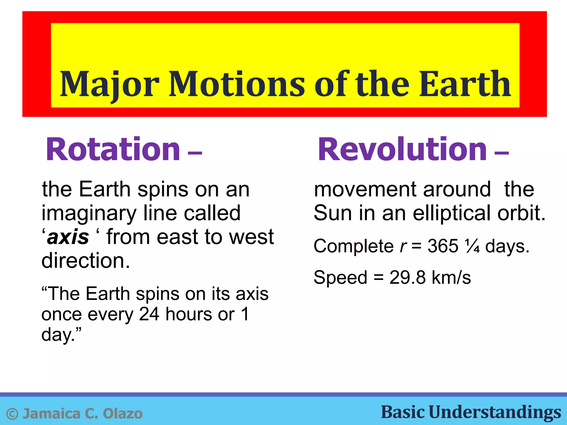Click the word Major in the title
[x=109, y=84]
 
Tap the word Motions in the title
[x=237, y=84]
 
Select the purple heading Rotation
[x=113, y=149]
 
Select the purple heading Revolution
[x=402, y=149]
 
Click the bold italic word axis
[x=68, y=237]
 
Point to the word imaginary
[x=89, y=214]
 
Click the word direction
[x=85, y=261]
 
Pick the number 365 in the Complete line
[x=443, y=246]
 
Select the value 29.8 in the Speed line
[x=407, y=277]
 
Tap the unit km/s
[x=451, y=277]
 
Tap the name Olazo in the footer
[x=123, y=414]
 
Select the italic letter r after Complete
[x=403, y=246]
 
